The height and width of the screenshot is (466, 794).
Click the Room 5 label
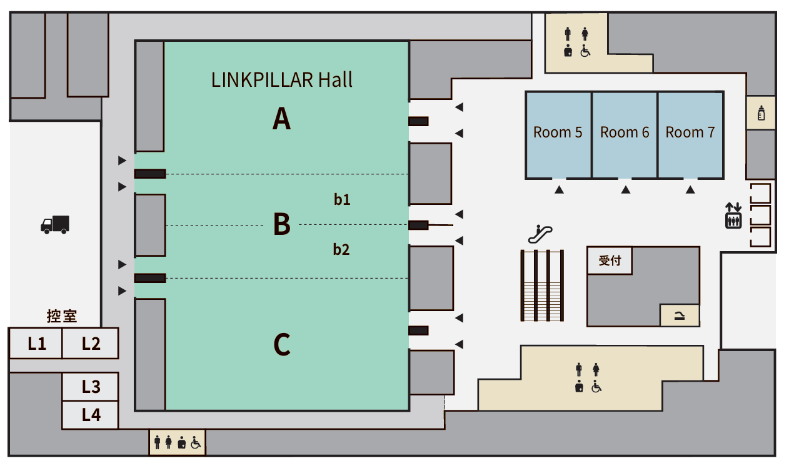(x=558, y=132)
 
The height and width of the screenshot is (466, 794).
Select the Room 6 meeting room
(x=625, y=135)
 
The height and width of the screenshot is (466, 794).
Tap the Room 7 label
(x=690, y=132)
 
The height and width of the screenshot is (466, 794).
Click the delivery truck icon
(x=55, y=225)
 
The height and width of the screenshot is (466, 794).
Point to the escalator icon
(x=540, y=234)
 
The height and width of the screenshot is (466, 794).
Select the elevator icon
(x=733, y=216)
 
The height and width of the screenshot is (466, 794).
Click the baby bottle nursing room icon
(x=761, y=113)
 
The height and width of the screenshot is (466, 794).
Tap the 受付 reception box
(x=610, y=260)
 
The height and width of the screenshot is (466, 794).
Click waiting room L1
(x=36, y=344)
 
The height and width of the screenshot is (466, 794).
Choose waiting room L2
(x=91, y=344)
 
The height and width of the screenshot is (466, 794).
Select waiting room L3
(x=91, y=387)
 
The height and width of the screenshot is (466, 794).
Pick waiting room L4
(x=91, y=415)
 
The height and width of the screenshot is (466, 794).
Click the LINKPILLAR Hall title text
(x=282, y=80)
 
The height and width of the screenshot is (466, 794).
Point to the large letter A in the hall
(x=281, y=119)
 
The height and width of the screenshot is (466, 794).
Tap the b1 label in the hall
(x=342, y=200)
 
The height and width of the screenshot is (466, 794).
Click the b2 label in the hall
(x=341, y=250)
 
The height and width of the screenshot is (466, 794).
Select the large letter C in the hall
(x=282, y=344)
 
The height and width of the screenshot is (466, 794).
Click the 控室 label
(x=62, y=316)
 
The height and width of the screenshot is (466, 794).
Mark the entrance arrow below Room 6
(x=626, y=190)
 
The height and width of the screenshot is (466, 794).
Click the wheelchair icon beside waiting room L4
(x=196, y=443)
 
